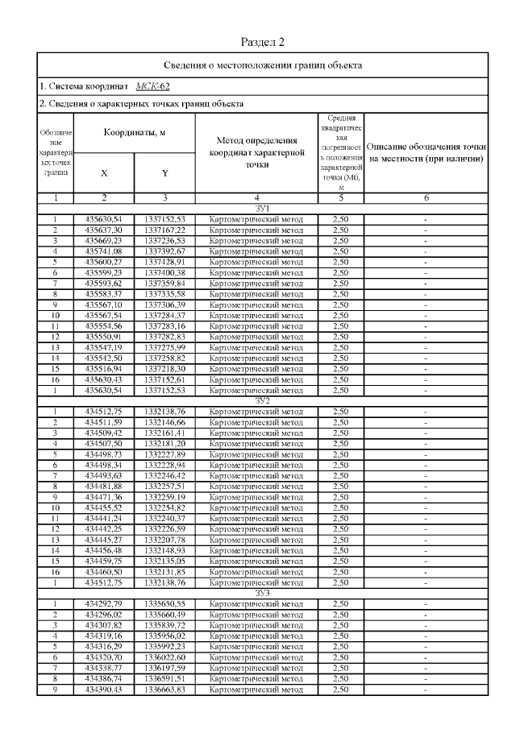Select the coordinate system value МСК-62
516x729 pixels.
(x=153, y=86)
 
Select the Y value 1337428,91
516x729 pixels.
(x=164, y=262)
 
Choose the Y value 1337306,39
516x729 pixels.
(x=164, y=304)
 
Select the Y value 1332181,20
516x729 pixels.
(x=164, y=443)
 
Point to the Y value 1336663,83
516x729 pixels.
(x=164, y=690)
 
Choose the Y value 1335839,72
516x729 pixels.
(x=164, y=625)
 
